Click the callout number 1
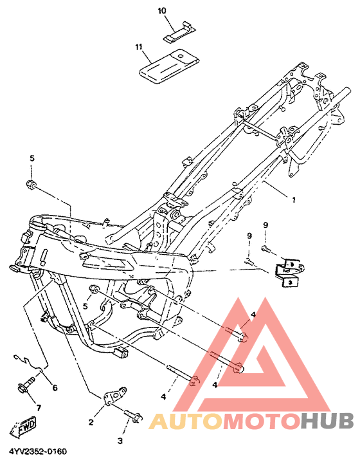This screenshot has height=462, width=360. point(294,200)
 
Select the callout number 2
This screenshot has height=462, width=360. point(91,422)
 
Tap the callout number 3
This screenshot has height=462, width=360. point(120,441)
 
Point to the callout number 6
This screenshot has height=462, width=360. point(55,388)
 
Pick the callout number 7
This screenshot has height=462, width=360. point(39,408)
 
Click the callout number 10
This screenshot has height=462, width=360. point(162,11)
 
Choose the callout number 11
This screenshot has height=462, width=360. point(139,47)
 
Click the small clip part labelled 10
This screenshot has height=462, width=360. point(179,32)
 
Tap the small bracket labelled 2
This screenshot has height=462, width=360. point(115,395)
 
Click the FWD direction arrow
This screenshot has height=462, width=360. point(24,427)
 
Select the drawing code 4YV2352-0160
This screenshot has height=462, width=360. point(38,452)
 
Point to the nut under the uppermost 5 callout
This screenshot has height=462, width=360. point(30,185)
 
